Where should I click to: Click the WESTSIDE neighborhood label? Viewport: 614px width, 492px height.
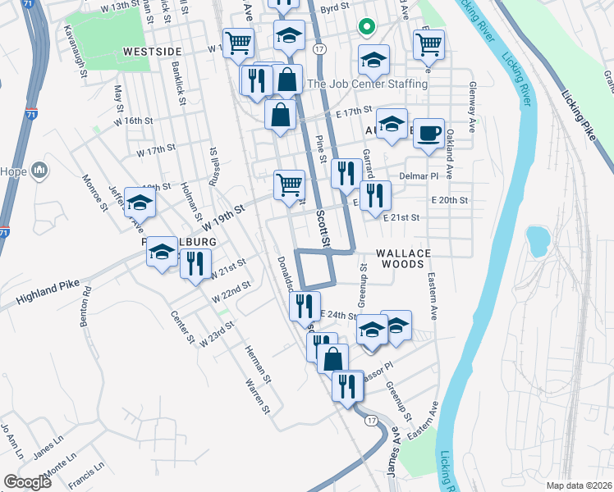[x=152, y=51]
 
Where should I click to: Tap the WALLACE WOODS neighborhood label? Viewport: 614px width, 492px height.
[x=401, y=259]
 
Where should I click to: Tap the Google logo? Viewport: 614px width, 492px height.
[x=27, y=482]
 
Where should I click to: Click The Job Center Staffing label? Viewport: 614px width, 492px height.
[x=367, y=84]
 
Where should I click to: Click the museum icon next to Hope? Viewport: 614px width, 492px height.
[x=39, y=171]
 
